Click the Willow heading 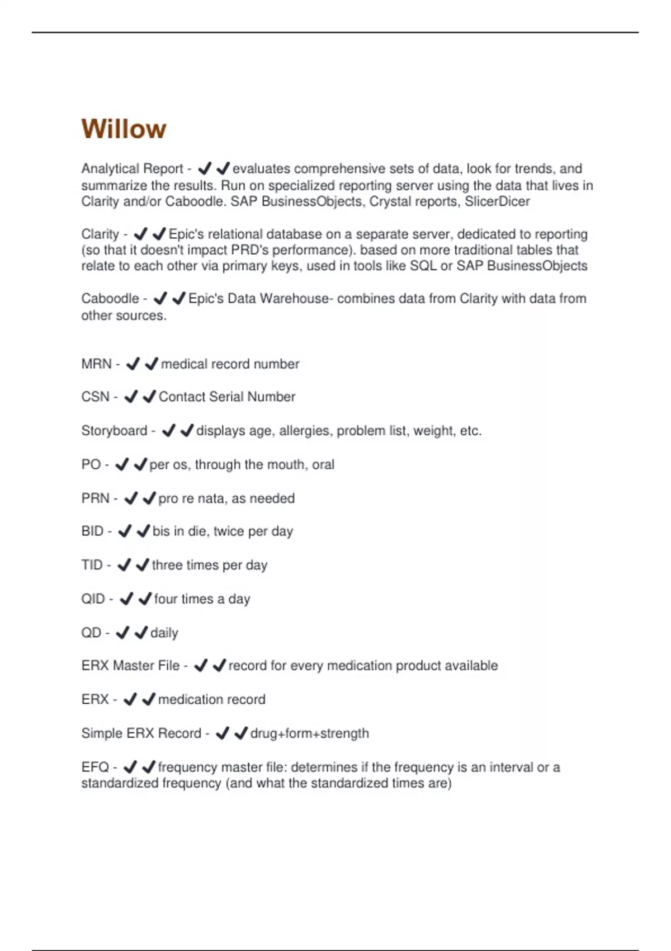[124, 129]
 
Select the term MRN [96, 364]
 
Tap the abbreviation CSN [95, 397]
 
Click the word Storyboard [114, 431]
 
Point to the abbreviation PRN [95, 498]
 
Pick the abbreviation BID [92, 531]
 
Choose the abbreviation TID [92, 565]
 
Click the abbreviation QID [93, 599]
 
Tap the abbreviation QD [91, 633]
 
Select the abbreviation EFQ [95, 767]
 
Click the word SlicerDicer [497, 201]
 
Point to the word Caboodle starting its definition [110, 299]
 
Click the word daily [164, 633]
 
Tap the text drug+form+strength [309, 733]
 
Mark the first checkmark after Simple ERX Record [222, 733]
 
